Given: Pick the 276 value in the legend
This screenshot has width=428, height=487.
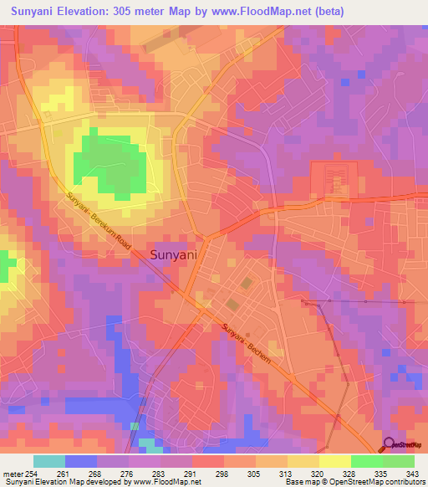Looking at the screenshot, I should pos(130,474).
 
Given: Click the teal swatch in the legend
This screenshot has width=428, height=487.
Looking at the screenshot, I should pos(49,461).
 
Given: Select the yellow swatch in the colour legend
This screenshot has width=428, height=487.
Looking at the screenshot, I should pos(334,461).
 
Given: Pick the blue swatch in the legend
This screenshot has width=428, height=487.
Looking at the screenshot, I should pos(81,461).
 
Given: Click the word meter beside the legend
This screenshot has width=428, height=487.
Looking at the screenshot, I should pos(14,474).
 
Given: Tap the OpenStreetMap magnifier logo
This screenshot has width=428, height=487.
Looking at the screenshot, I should pos(389,443).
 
